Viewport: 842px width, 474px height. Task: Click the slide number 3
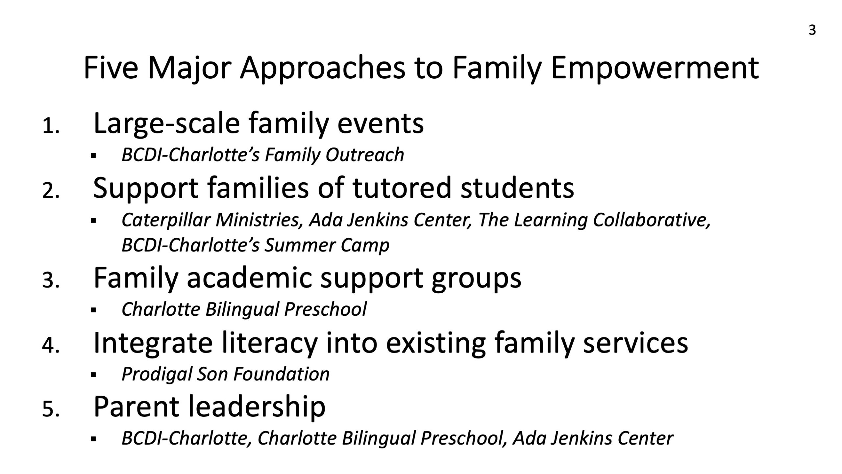[x=812, y=30]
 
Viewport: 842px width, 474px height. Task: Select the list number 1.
[x=51, y=126]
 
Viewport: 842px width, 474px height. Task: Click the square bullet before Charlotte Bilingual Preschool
[x=93, y=310]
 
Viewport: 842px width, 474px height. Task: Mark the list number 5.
[x=51, y=410]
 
